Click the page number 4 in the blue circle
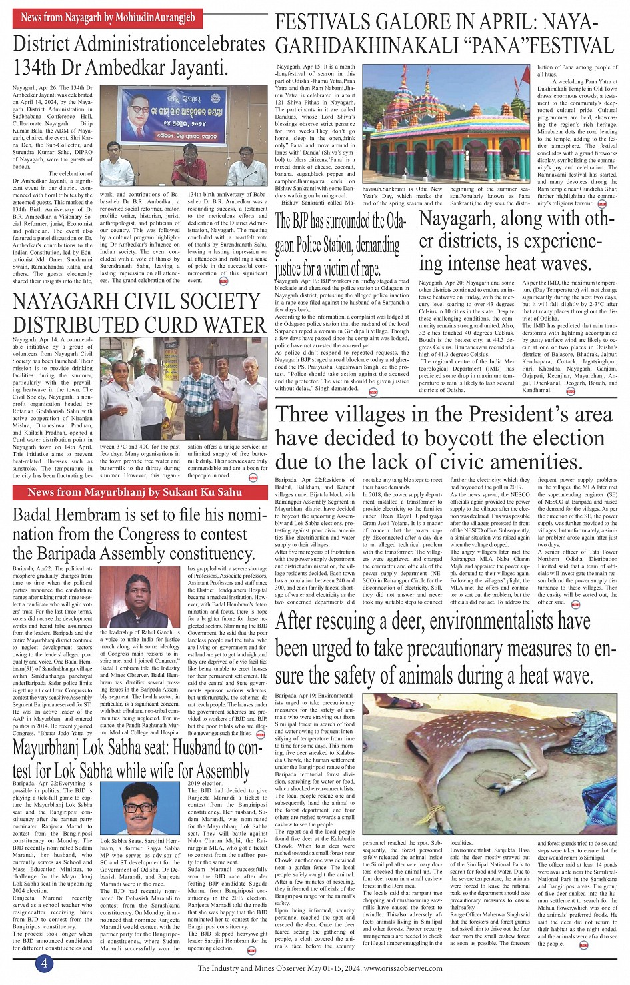point(44,963)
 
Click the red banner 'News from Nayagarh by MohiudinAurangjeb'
point(107,17)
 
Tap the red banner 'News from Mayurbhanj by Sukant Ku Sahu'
point(135,492)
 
